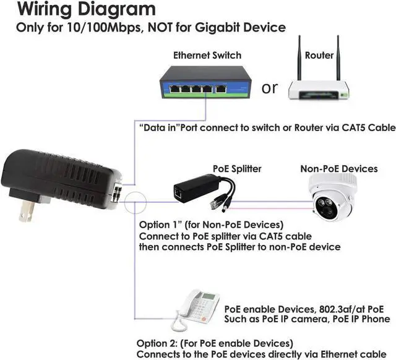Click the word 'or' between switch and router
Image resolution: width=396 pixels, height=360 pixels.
270,88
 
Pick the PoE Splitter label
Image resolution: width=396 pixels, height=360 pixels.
236,168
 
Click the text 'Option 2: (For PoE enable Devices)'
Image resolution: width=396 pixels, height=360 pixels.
214,343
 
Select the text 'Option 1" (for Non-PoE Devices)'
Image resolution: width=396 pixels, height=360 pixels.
210,225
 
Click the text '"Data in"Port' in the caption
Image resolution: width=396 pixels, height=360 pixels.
164,128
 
